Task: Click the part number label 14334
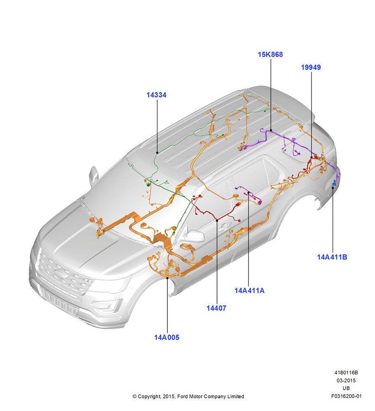click(156, 95)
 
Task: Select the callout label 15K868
click(271, 55)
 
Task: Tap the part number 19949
click(311, 67)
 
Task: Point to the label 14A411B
click(332, 257)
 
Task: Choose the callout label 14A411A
click(250, 291)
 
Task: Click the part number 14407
click(216, 308)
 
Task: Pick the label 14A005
click(167, 337)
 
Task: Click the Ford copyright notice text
click(188, 397)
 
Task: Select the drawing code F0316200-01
click(346, 396)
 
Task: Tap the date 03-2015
click(346, 381)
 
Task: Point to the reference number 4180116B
click(346, 373)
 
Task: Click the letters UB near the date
click(346, 388)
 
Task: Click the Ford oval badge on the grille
click(60, 274)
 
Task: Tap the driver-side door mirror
click(194, 236)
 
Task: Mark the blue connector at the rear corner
click(334, 183)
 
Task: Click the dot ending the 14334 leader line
click(157, 152)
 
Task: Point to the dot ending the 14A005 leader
click(167, 278)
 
